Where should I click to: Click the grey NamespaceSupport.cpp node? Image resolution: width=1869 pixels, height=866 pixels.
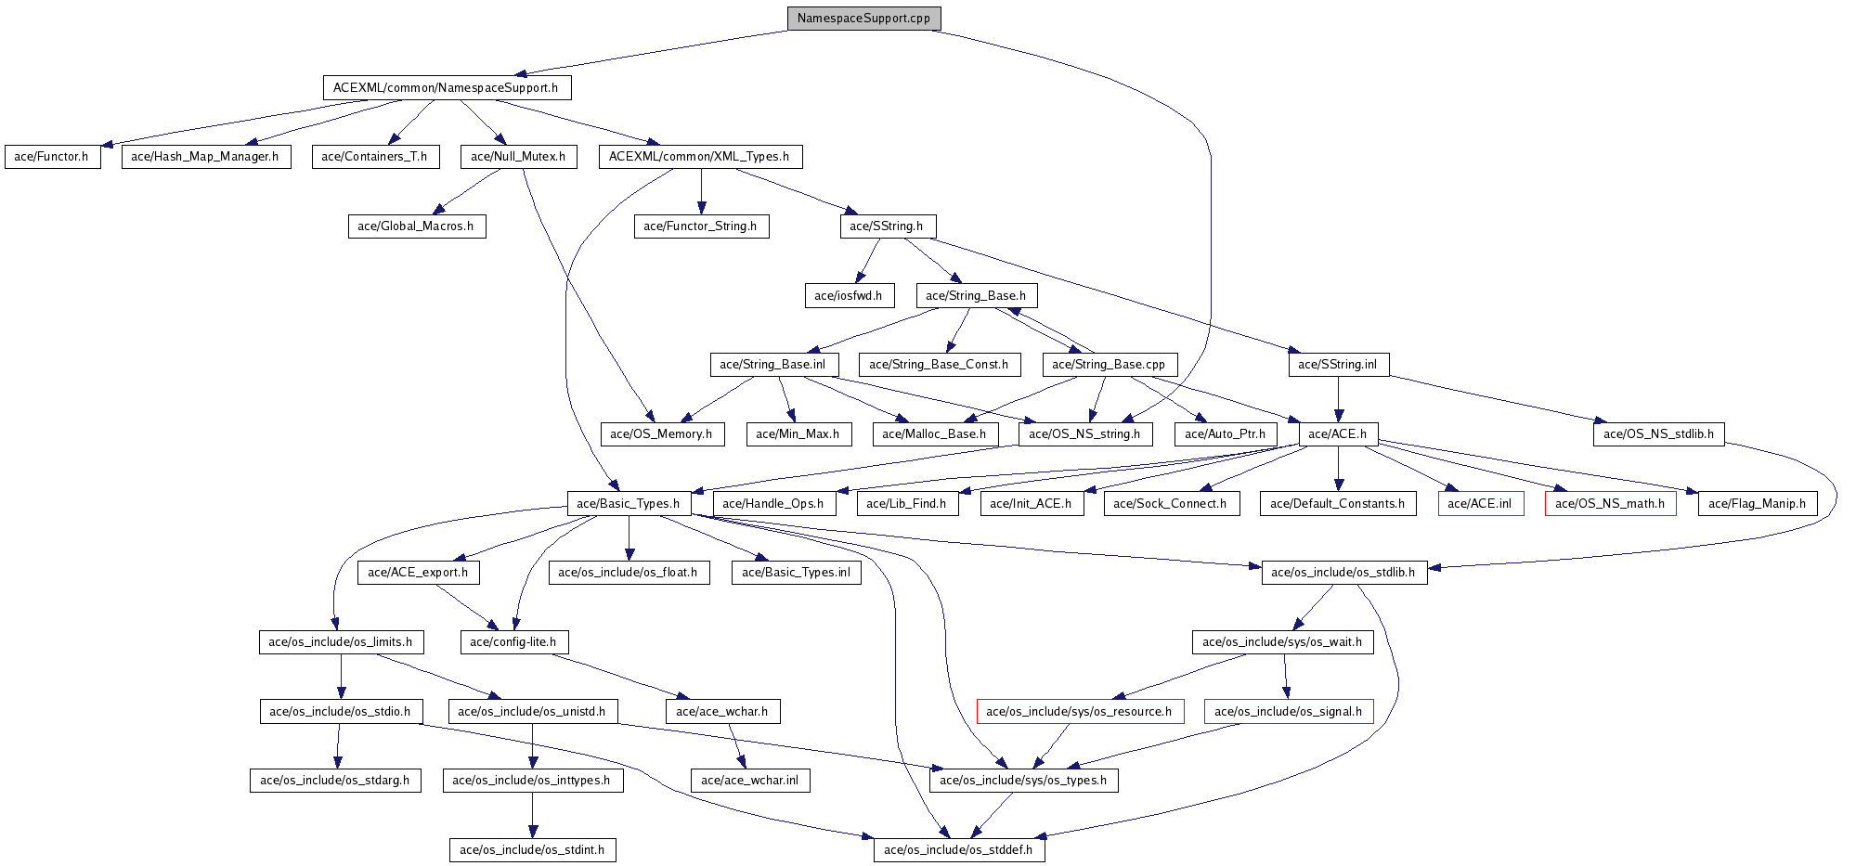click(863, 19)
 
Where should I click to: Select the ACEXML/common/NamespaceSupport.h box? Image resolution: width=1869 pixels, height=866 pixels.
click(446, 88)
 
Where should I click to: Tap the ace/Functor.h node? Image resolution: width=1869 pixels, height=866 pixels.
click(52, 157)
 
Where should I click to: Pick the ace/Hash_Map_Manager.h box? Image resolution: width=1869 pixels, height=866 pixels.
click(205, 157)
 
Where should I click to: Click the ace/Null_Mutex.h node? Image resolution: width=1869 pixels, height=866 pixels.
click(518, 157)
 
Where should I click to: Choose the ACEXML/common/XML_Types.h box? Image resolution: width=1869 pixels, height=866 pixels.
click(699, 157)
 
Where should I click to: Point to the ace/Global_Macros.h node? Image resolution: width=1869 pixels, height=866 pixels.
click(416, 226)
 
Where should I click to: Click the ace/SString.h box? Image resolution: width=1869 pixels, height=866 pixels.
click(887, 226)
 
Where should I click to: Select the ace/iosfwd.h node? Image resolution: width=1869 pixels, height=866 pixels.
click(849, 296)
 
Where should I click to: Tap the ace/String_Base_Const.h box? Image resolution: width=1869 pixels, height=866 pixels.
click(939, 365)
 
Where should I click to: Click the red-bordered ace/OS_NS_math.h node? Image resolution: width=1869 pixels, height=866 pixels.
click(1610, 504)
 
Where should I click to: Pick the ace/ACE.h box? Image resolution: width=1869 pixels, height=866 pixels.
click(1337, 434)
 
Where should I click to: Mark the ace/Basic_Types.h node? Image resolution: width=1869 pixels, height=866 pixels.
click(629, 504)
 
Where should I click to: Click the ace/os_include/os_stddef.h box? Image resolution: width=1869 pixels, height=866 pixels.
click(958, 850)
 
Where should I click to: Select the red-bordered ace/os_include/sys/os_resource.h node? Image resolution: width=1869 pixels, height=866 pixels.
click(1079, 712)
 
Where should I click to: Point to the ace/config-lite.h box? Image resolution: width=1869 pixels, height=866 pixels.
click(513, 642)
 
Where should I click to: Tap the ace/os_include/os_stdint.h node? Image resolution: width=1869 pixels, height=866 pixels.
click(532, 850)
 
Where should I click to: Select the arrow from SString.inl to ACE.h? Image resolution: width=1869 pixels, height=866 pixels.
click(1338, 399)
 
